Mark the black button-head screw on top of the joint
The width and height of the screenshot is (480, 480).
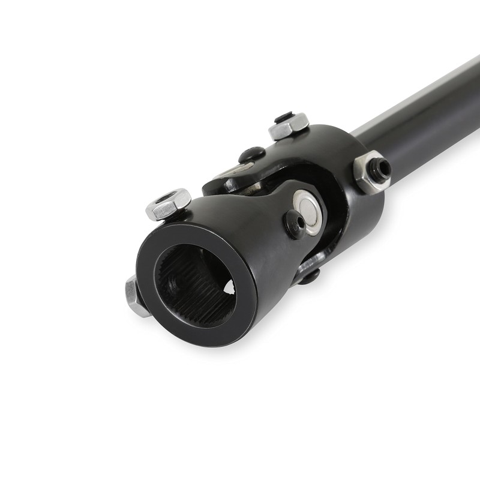252,155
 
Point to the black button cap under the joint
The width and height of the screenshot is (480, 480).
309,277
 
